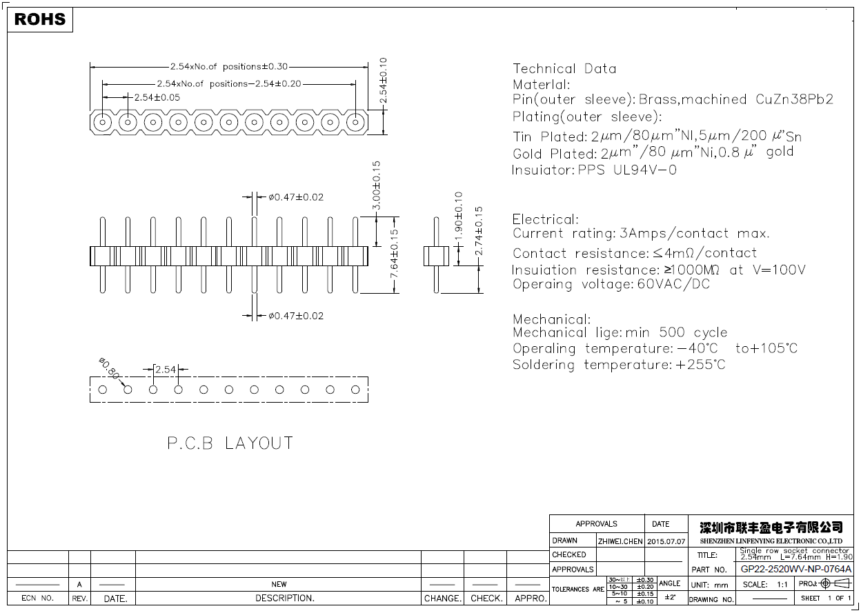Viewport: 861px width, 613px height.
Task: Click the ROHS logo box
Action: tap(40, 19)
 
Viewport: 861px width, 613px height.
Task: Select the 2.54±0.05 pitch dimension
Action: tap(157, 97)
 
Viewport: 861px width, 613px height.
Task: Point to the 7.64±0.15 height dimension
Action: tap(394, 254)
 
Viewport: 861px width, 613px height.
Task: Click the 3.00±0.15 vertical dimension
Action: tap(376, 186)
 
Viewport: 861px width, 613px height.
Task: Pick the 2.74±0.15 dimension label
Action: tap(479, 232)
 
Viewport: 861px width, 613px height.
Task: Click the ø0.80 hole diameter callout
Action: tap(109, 368)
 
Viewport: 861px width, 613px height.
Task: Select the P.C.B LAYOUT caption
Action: tap(230, 443)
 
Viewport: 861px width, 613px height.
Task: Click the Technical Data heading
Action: tap(564, 68)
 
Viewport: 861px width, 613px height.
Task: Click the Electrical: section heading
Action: tap(545, 219)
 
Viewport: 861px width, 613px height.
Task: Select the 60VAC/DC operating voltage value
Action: tap(673, 284)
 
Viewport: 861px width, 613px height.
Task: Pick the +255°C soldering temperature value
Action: tap(700, 365)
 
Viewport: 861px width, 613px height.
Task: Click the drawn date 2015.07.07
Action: tap(666, 541)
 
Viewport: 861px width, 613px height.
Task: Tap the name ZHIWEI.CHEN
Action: tap(620, 541)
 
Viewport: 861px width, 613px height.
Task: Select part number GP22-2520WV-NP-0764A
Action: tap(796, 570)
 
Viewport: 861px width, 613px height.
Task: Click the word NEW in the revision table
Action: tap(279, 584)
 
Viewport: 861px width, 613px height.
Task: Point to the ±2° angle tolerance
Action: tap(669, 597)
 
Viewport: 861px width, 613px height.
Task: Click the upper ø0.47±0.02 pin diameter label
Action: tap(296, 197)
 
